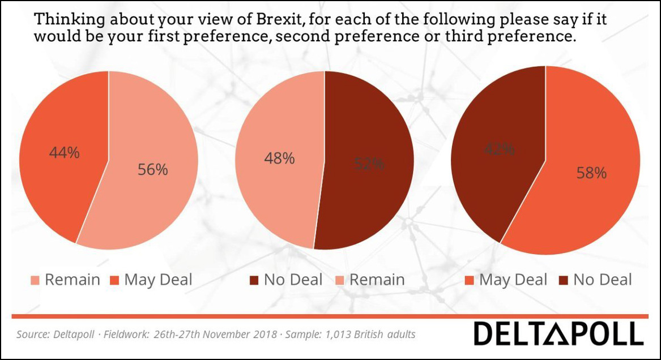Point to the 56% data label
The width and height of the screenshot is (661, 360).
tap(153, 169)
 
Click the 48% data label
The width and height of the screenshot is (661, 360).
tap(279, 158)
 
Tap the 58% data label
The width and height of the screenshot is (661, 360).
tap(591, 173)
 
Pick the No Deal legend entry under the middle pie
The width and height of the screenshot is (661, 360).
tap(285, 280)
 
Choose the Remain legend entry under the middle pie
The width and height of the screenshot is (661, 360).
tap(370, 280)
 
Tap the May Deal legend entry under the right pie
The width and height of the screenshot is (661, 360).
tap(506, 280)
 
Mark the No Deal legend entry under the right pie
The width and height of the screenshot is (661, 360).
tap(595, 280)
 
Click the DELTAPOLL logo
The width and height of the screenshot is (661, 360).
tap(558, 333)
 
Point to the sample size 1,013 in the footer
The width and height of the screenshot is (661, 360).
tap(336, 335)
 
